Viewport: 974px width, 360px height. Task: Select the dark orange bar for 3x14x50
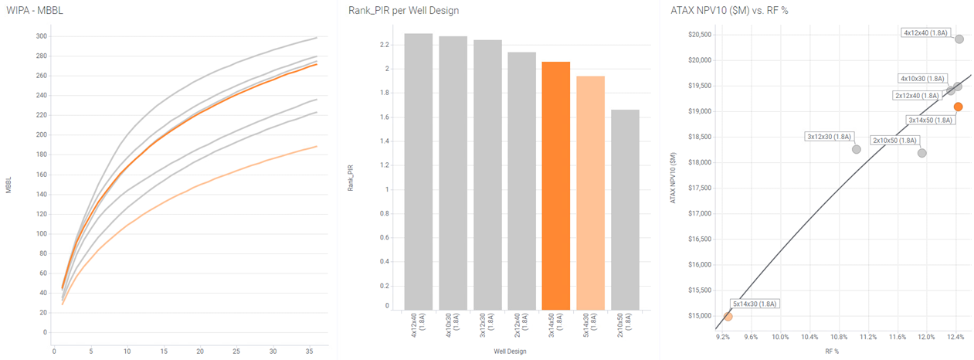(x=556, y=185)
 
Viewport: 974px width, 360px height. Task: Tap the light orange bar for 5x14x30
(x=591, y=193)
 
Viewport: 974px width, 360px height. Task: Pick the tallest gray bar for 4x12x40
(x=418, y=170)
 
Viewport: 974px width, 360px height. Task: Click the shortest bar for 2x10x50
(x=625, y=209)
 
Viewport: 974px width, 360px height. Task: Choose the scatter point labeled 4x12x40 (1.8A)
(x=959, y=39)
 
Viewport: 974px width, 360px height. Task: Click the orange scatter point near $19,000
(x=958, y=107)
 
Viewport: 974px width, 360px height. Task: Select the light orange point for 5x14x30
(x=728, y=316)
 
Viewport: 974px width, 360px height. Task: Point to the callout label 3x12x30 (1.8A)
(x=829, y=137)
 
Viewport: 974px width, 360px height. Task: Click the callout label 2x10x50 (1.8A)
(x=894, y=141)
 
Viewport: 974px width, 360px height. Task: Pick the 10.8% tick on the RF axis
(x=838, y=337)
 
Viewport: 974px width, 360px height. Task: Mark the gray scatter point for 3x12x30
(x=856, y=149)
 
